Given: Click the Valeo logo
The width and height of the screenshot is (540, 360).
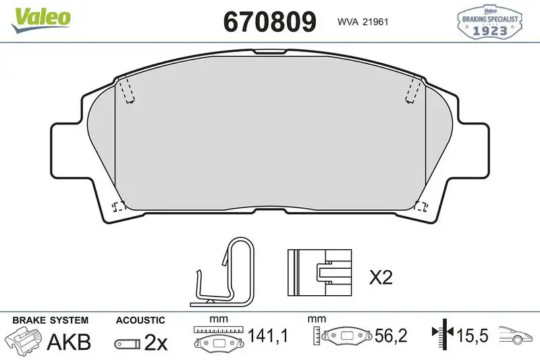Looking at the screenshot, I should [40, 17].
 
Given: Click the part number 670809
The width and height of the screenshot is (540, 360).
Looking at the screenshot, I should [269, 22].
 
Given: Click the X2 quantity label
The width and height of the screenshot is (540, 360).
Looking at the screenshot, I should [381, 277].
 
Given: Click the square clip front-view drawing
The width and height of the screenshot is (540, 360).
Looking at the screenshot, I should [319, 272].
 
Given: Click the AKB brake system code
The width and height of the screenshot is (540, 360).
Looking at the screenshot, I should [68, 342].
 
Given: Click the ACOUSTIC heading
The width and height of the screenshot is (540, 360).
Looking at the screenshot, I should [140, 320].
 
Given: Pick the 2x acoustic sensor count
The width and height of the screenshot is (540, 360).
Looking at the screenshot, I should [156, 343].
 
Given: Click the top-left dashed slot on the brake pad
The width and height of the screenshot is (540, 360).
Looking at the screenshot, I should [126, 91].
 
